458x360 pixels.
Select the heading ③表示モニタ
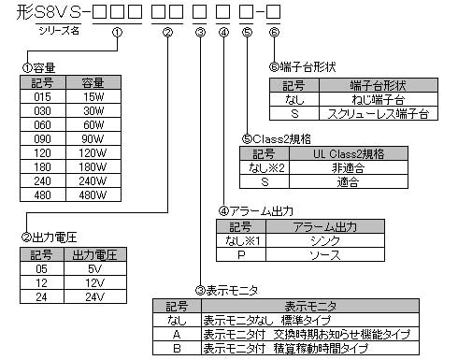pyautogui.click(x=227, y=291)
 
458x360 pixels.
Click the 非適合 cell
pyautogui.click(x=348, y=168)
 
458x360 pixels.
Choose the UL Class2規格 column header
pyautogui.click(x=348, y=154)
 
